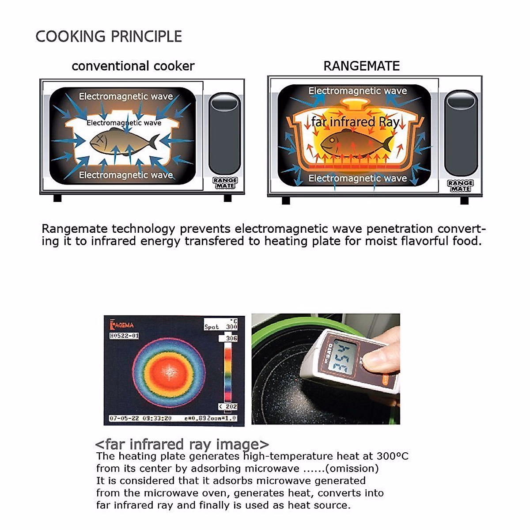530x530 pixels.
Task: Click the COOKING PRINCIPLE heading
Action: [109, 36]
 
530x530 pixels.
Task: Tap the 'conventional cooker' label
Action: [133, 66]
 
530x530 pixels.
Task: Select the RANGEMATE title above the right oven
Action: [361, 66]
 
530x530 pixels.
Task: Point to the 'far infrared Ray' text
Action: [355, 121]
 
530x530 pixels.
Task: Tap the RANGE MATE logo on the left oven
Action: [225, 183]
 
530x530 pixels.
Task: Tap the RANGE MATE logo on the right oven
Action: [460, 185]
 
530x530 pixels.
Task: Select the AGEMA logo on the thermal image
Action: [122, 326]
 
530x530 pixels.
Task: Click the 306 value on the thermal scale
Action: [231, 338]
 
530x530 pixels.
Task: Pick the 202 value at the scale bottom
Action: [231, 406]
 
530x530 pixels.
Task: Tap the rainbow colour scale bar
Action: [228, 373]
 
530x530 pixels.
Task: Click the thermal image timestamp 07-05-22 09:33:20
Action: [140, 418]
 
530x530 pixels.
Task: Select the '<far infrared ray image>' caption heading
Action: [182, 444]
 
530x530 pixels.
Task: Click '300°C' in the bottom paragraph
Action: [393, 456]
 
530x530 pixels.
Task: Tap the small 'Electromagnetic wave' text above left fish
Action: [124, 123]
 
